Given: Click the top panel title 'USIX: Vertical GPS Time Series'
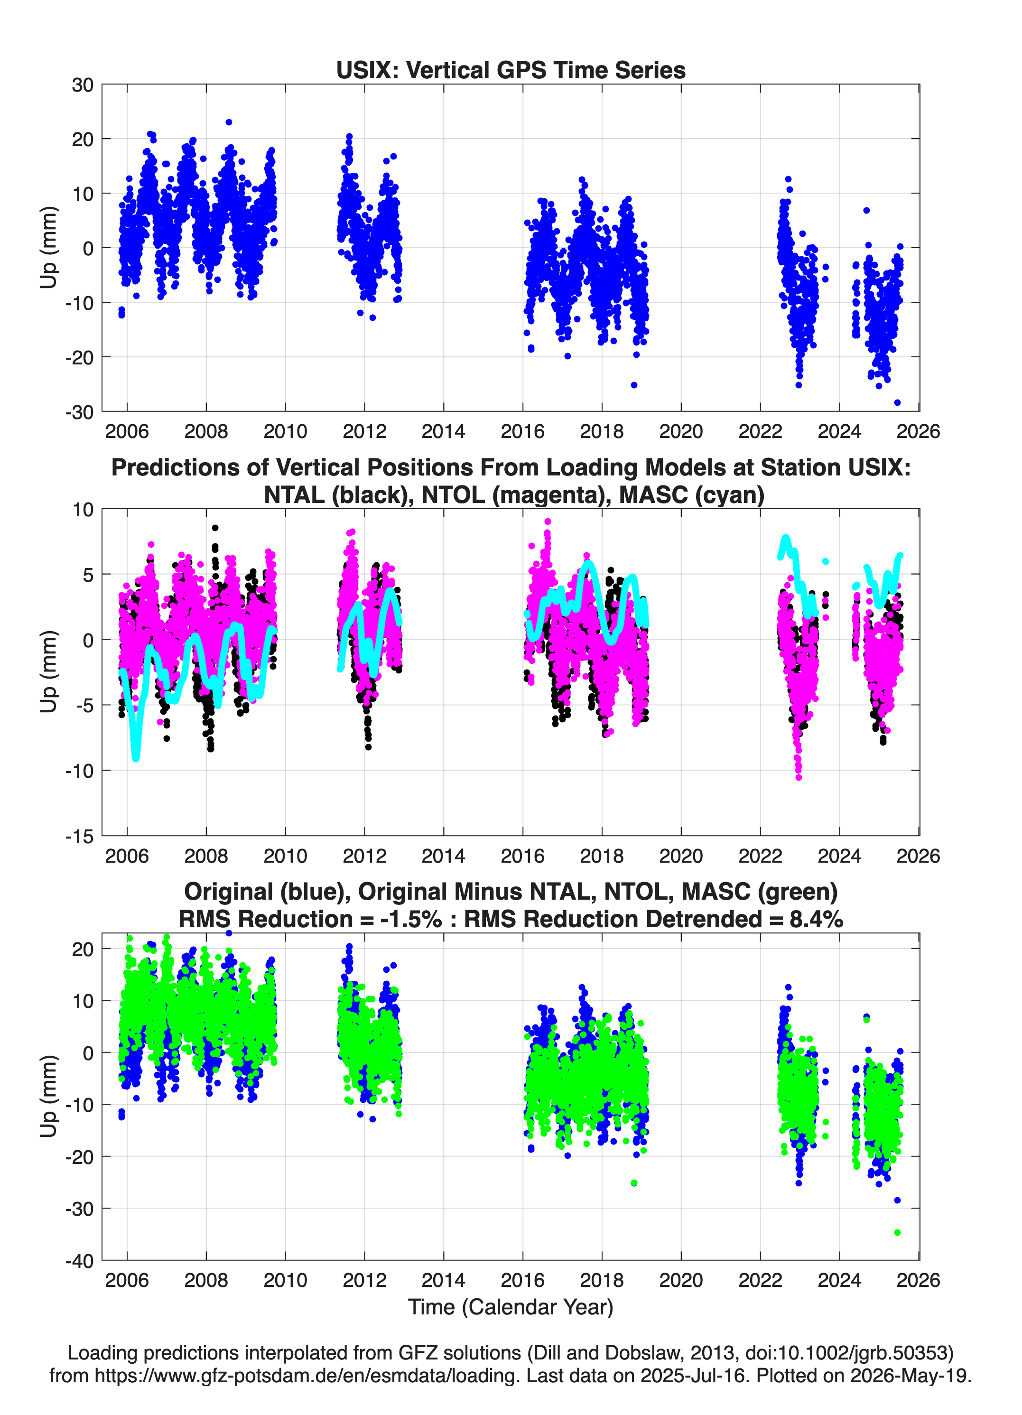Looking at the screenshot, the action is pos(511,70).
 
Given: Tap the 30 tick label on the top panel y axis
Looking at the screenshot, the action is pos(83,85).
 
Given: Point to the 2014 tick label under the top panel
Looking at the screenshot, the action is pos(443,431).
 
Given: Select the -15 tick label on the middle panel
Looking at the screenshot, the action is pos(79,837).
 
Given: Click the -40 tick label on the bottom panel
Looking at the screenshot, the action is pos(79,1261).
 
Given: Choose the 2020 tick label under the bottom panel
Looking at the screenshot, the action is pos(681,1280).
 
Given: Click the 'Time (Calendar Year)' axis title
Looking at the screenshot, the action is pos(511,1307).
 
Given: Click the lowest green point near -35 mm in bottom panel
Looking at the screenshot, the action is pos(897,1232).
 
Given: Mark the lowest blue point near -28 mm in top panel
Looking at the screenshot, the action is pos(897,402).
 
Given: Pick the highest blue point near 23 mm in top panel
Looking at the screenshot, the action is pos(229,122).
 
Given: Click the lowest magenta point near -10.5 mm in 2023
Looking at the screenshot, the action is pos(799,777).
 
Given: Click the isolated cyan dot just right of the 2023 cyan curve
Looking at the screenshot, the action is pos(826,561).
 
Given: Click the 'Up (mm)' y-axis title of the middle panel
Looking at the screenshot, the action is pos(49,672).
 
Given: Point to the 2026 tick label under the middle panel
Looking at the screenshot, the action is pos(919,856).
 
